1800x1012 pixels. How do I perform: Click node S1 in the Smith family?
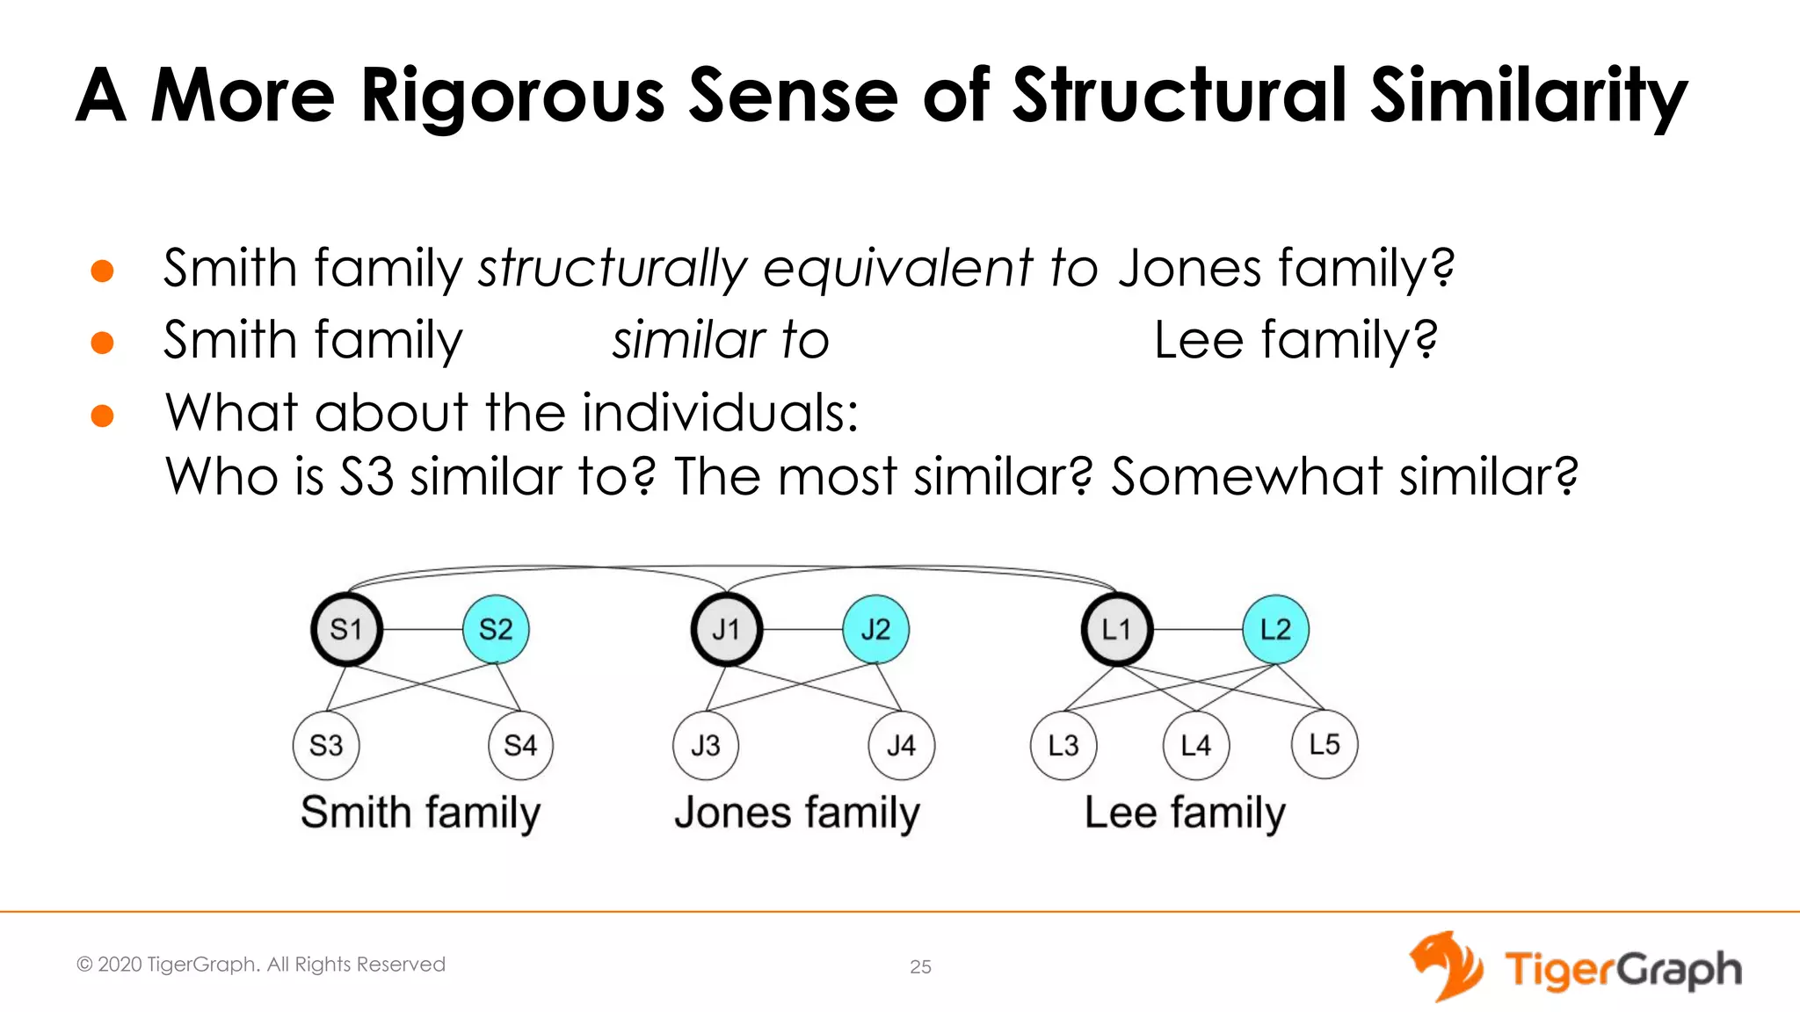coord(346,629)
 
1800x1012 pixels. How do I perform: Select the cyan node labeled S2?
coord(496,629)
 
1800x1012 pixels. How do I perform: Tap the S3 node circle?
coord(326,746)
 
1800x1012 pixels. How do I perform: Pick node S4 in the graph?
coord(520,746)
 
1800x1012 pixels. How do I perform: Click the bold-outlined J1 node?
coord(726,629)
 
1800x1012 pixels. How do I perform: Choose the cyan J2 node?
coord(875,629)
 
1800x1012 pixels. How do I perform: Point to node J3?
coord(706,746)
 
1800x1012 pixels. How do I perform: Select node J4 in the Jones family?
coord(901,746)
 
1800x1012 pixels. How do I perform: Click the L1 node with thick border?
coord(1116,629)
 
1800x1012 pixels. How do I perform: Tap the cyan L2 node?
coord(1275,629)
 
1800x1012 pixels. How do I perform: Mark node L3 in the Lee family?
coord(1063,746)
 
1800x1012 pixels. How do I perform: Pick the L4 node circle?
coord(1195,746)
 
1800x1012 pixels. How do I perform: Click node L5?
coord(1325,744)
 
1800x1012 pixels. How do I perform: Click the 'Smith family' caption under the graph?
coord(420,813)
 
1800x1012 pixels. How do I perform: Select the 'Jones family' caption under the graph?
coord(797,813)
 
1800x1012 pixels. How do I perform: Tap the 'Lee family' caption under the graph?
coord(1185,813)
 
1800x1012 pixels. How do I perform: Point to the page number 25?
coord(920,967)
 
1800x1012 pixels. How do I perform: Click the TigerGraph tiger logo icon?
coord(1445,966)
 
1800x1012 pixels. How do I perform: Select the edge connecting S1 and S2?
coord(422,630)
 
